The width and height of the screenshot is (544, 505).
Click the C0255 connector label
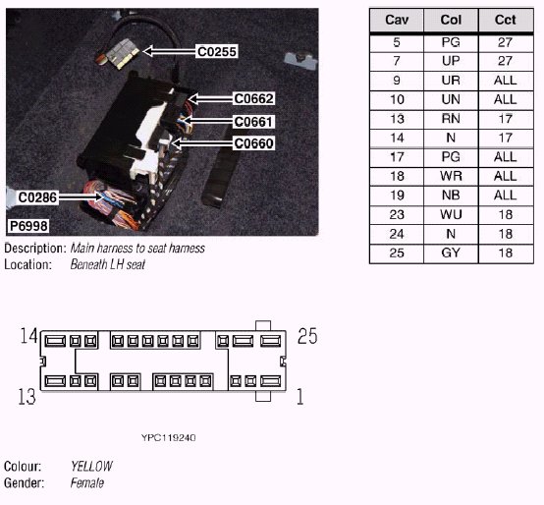[x=217, y=51]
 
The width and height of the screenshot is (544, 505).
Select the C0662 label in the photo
[x=254, y=98]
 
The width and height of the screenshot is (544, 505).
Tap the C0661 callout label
[x=253, y=122]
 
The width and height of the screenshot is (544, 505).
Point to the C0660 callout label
[x=254, y=143]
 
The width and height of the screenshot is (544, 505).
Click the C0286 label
[x=37, y=197]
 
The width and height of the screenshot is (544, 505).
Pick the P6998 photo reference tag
[x=28, y=226]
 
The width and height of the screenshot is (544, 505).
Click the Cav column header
[x=397, y=20]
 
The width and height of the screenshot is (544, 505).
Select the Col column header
[x=451, y=20]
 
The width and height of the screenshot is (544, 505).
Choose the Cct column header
[x=506, y=20]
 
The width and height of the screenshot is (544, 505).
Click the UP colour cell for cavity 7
[x=451, y=61]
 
